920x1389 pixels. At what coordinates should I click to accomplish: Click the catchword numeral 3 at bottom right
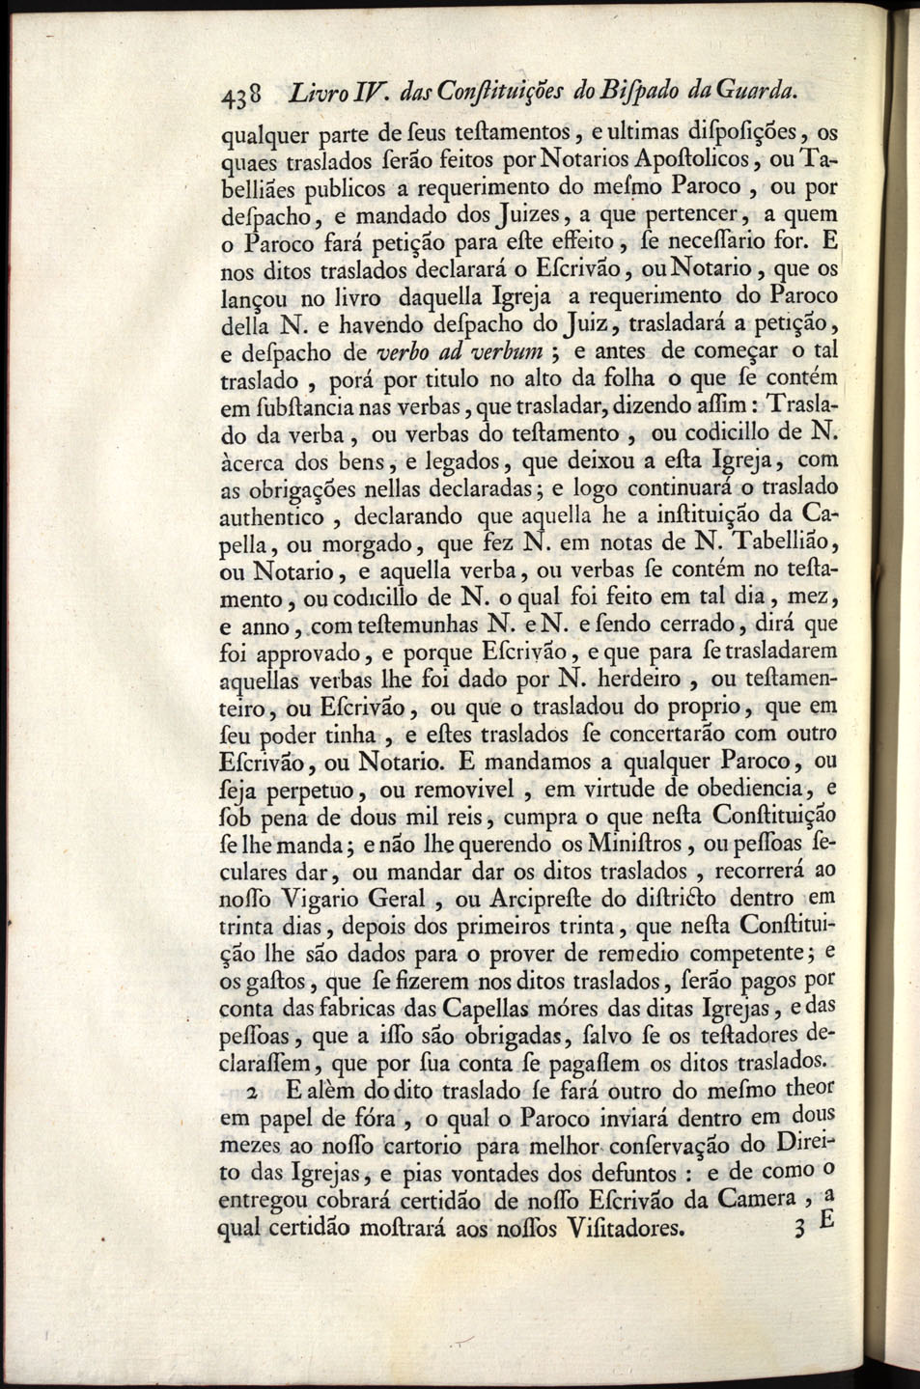[797, 1229]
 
